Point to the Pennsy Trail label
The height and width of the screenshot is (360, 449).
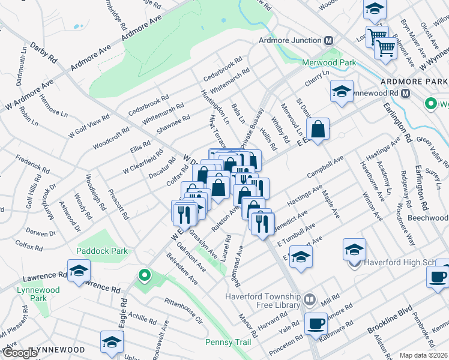(227, 342)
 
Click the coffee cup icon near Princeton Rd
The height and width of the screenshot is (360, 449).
(315, 323)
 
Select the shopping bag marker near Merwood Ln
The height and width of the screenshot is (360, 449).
(318, 128)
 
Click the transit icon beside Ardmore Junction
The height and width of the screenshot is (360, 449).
(328, 41)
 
